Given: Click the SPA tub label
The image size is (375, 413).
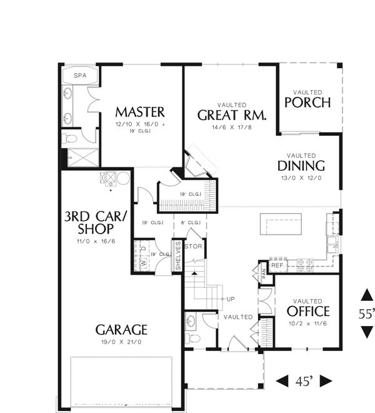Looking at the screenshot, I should [79, 76].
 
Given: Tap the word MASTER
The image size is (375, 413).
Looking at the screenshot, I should [140, 112].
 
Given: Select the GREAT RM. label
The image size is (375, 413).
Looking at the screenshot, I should [232, 115].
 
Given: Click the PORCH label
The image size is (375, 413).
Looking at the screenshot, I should [307, 102].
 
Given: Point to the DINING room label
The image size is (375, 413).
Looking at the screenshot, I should [302, 166].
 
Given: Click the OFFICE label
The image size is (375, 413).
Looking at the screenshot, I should [308, 311].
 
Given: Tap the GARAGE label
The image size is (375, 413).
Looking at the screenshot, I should [121, 329].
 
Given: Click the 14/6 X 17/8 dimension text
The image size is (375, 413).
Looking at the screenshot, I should [232, 128].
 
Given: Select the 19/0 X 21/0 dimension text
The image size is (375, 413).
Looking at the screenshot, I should [121, 342].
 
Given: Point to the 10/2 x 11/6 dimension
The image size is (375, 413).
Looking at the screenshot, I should [308, 324].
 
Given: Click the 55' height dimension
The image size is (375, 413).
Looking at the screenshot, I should [367, 314].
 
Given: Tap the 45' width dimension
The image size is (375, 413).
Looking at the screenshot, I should [304, 380].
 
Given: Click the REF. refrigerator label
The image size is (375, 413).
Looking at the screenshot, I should [278, 265].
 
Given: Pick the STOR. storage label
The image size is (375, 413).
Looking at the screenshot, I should [194, 247].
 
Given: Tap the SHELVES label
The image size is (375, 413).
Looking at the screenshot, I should [177, 257].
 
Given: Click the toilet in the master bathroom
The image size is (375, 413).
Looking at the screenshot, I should [71, 138].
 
